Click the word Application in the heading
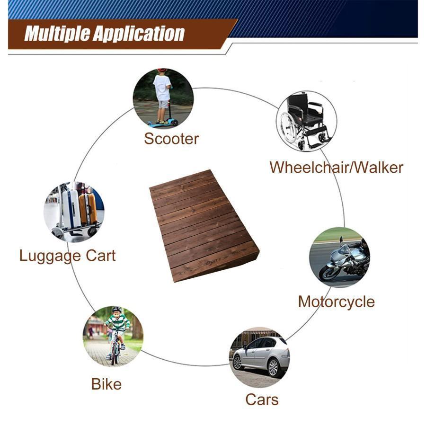point(139,34)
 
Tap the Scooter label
point(171,139)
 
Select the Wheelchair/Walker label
point(336,168)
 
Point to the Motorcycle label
point(337,302)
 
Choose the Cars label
point(262,399)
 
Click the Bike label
point(106,384)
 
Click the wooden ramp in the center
point(204,225)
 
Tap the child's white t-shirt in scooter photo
point(162,88)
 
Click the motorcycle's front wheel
point(329,272)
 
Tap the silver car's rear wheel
point(273,367)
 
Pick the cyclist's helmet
point(117,310)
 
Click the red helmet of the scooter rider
point(162,70)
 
